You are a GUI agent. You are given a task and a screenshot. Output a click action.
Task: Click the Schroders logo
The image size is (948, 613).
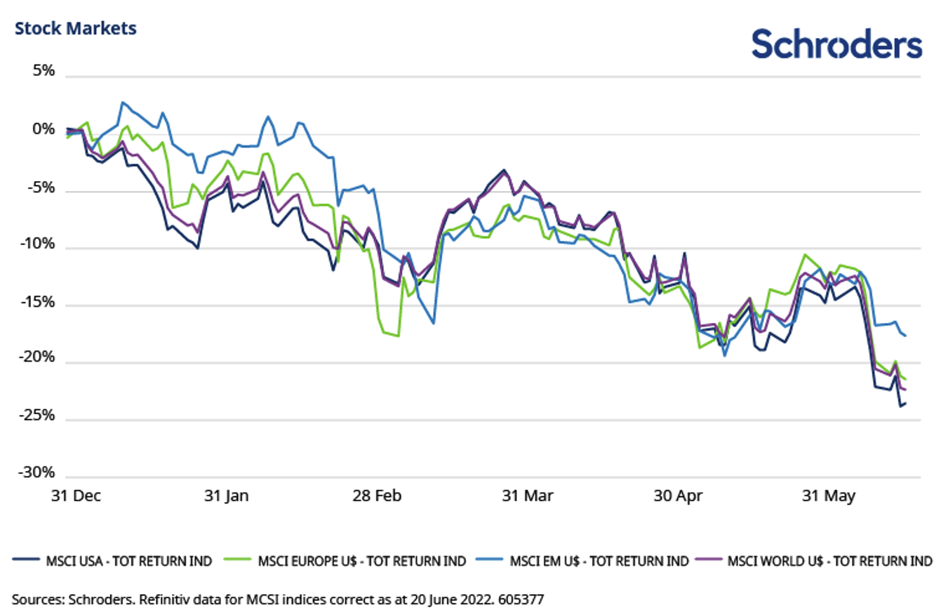(x=836, y=44)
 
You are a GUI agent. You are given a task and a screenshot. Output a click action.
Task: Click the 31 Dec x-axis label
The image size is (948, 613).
(x=76, y=495)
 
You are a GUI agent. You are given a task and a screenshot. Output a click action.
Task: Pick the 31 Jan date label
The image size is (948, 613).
(x=226, y=495)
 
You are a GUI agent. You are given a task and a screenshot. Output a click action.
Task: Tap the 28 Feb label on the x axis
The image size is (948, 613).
(x=376, y=495)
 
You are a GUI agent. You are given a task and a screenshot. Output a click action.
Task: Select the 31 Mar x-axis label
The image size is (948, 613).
(x=528, y=495)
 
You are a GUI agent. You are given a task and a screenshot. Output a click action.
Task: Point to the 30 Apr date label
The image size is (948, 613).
(x=678, y=495)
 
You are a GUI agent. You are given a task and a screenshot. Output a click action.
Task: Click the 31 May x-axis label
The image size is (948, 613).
(x=829, y=495)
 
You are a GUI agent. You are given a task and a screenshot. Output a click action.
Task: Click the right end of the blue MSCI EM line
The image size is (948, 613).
(x=905, y=336)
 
